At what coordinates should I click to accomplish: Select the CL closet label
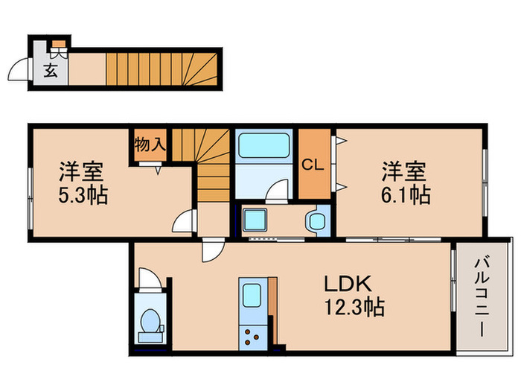(x=313, y=165)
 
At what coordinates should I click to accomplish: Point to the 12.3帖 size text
(x=353, y=306)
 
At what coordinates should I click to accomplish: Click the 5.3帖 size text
(x=82, y=196)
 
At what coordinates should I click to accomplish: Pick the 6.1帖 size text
(x=404, y=196)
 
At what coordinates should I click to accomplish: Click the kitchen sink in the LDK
(x=252, y=293)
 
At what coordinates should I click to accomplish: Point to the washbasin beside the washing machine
(x=317, y=220)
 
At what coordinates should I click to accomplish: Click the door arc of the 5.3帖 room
(x=185, y=221)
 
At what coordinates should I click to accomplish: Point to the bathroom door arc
(x=278, y=191)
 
